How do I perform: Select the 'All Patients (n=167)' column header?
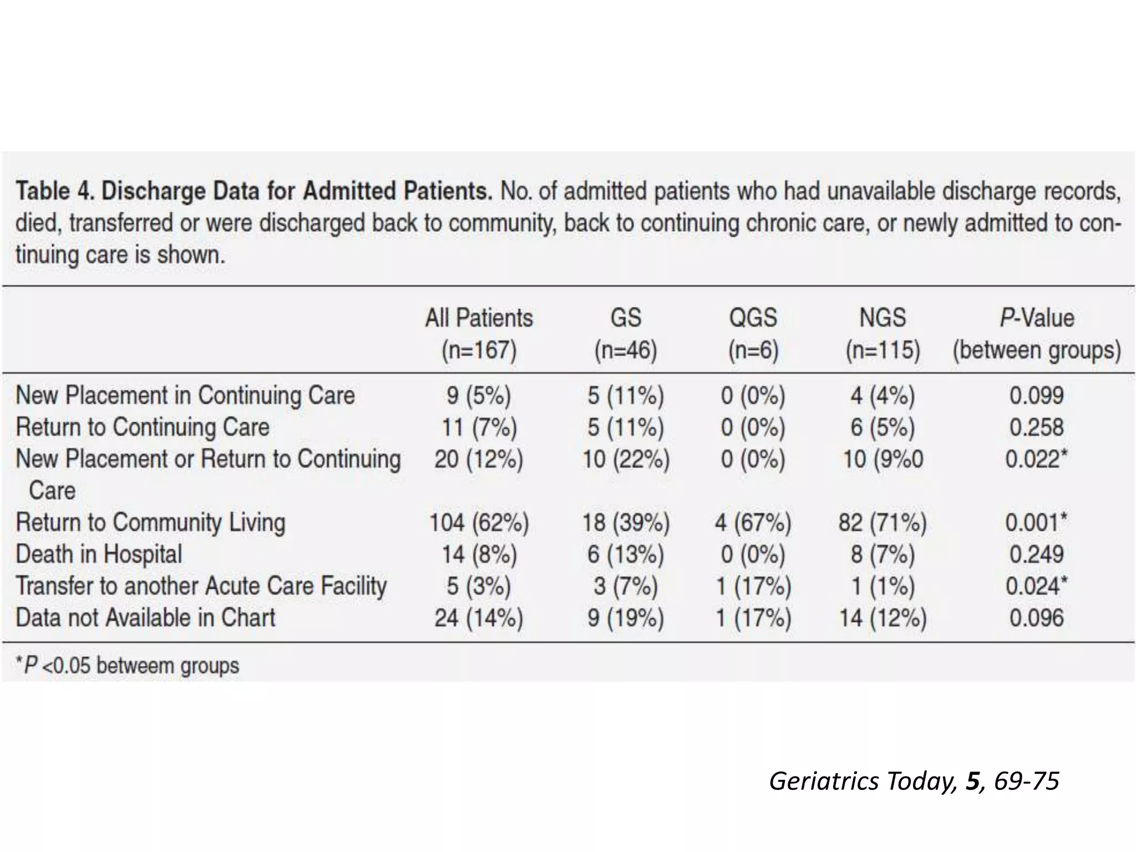(x=479, y=334)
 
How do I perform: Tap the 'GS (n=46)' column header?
(x=626, y=334)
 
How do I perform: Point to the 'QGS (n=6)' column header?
(x=753, y=334)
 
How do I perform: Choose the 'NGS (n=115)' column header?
(x=883, y=334)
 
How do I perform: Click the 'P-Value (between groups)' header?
(x=1037, y=334)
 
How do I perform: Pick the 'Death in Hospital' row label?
(x=99, y=554)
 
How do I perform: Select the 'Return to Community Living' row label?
(x=150, y=523)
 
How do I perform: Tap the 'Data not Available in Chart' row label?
(x=145, y=618)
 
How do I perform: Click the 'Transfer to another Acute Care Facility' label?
(x=201, y=586)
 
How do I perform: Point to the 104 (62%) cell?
(x=479, y=523)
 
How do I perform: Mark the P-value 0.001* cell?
(x=1036, y=523)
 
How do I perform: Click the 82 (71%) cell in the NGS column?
(x=882, y=523)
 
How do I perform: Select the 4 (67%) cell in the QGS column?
(x=753, y=523)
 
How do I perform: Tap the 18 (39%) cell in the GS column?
(x=626, y=523)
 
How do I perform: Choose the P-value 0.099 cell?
(x=1036, y=395)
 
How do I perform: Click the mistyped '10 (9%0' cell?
(x=883, y=459)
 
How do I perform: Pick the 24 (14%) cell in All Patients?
(x=479, y=618)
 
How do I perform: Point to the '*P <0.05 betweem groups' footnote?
(x=128, y=666)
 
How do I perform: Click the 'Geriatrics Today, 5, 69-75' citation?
(x=914, y=781)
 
